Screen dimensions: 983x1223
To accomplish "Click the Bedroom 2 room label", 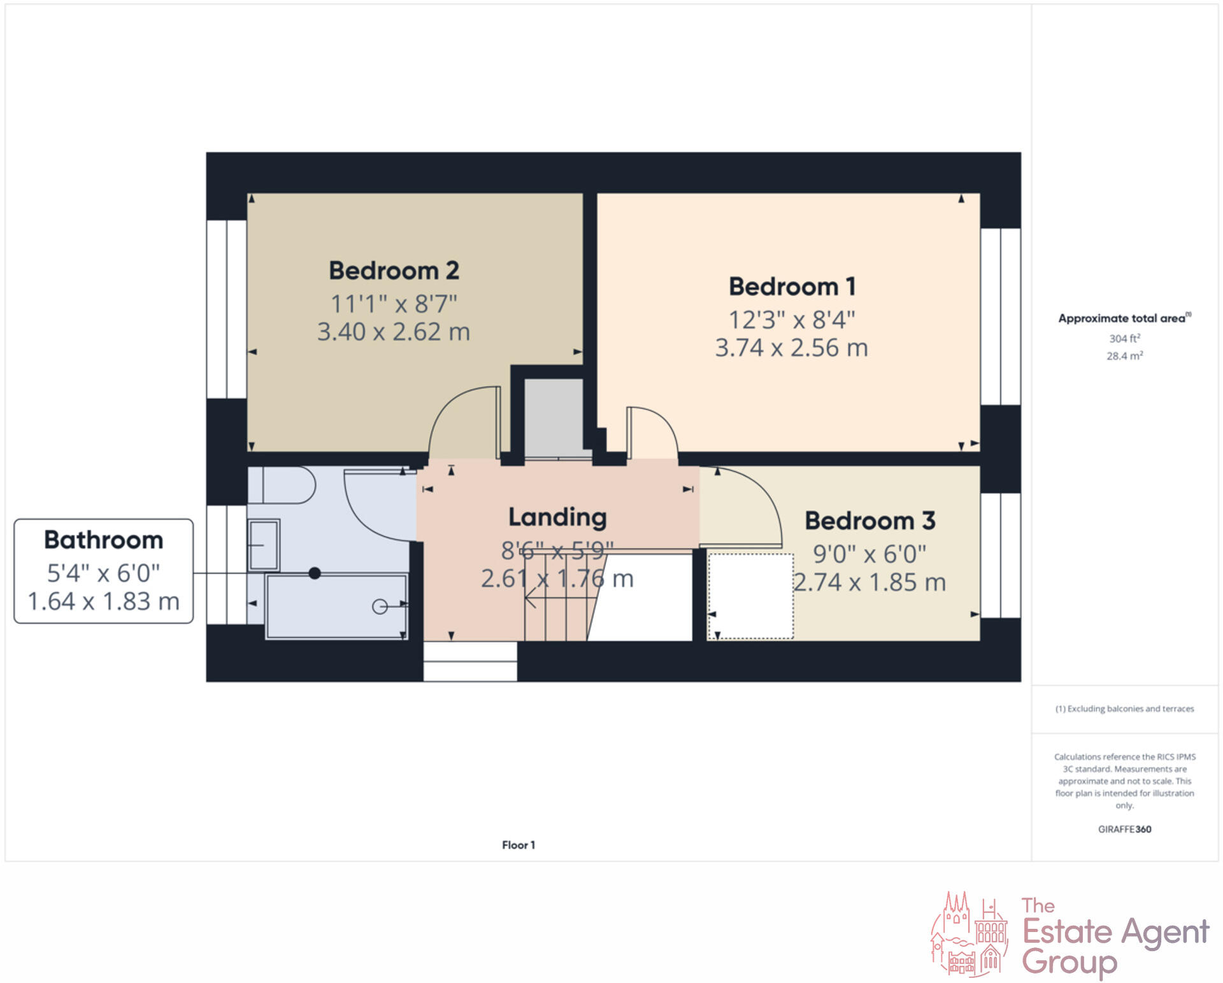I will [x=394, y=271].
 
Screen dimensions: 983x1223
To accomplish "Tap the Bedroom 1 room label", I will [x=792, y=286].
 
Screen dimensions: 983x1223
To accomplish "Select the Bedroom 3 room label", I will [x=869, y=521].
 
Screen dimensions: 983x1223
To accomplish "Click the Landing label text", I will [x=557, y=517].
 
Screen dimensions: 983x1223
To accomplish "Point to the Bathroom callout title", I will [x=103, y=540].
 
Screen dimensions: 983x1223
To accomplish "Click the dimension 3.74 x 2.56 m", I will [x=791, y=348].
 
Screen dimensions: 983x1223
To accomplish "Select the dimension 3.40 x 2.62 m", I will [x=394, y=332].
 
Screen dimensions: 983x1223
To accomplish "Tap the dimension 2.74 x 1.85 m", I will [x=869, y=582].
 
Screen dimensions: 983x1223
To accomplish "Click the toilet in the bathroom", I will [x=287, y=485].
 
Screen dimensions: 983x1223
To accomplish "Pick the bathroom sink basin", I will [x=264, y=546].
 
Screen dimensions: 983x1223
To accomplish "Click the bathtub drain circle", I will [x=380, y=607].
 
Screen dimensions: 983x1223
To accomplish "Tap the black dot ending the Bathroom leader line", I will [x=315, y=573].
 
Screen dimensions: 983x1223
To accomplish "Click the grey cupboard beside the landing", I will [x=554, y=416].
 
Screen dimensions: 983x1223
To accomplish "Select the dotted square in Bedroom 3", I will [x=750, y=596].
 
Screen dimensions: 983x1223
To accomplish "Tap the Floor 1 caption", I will [x=518, y=845].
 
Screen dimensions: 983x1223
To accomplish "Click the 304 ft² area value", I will [x=1124, y=339].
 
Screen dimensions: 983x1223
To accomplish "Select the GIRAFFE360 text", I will [x=1124, y=829].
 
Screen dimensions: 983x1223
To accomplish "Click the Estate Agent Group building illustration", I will [x=969, y=935].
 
